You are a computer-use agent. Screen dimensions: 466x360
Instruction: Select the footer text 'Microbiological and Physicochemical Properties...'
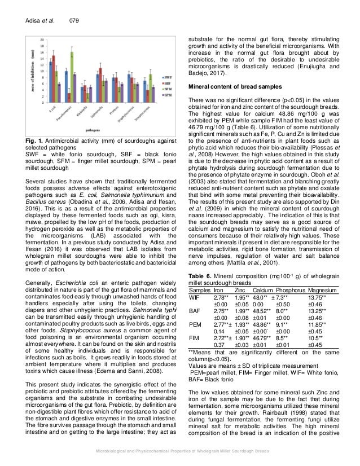(179, 454)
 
